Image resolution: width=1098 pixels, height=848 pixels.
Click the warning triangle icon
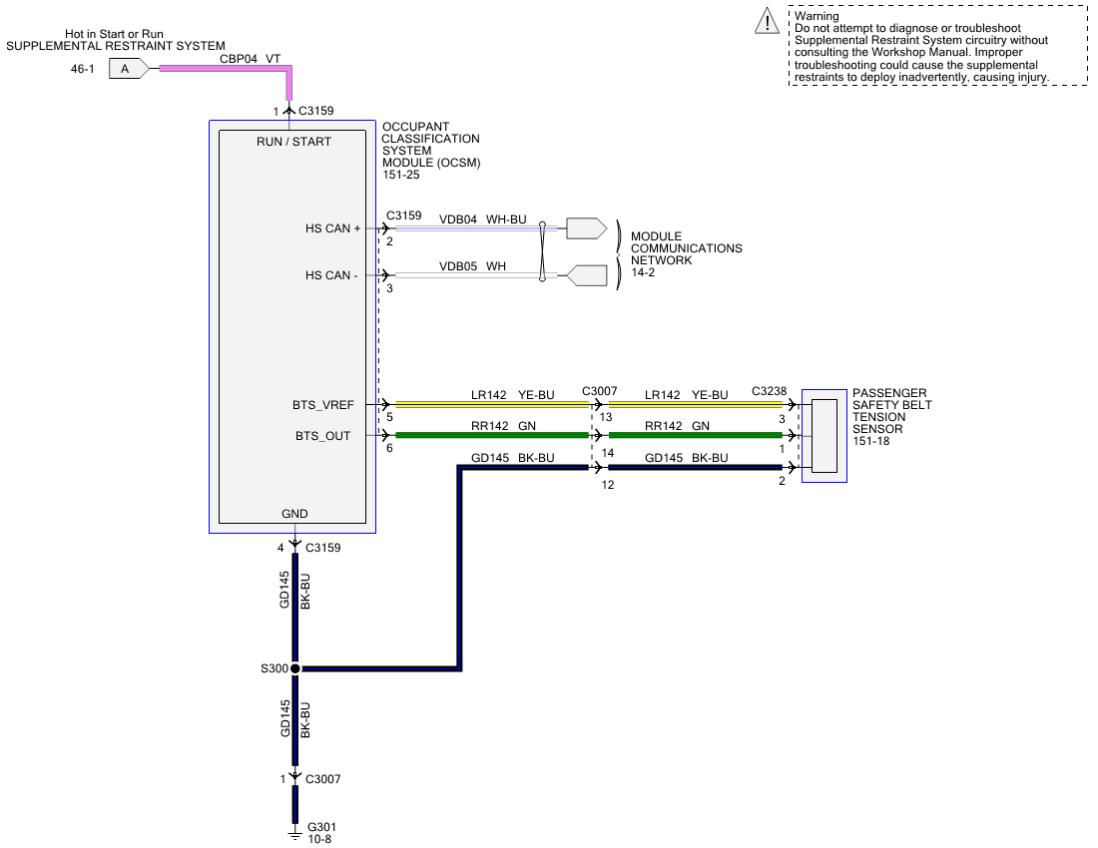[766, 22]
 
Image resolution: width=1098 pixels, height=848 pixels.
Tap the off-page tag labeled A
[128, 69]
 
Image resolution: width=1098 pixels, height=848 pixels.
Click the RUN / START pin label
[293, 142]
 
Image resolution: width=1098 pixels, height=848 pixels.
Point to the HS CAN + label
[332, 228]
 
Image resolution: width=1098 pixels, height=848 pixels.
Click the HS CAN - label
[331, 275]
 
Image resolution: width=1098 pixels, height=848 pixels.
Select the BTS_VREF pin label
[323, 405]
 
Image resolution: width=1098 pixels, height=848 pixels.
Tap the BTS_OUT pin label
[323, 436]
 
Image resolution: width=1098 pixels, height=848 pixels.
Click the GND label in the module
[294, 514]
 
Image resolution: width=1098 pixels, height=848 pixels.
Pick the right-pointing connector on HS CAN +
[586, 228]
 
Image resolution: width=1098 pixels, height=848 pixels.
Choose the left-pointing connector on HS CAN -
[587, 275]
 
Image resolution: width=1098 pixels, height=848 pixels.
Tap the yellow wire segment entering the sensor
[695, 405]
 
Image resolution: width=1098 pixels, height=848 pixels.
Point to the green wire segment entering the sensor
[695, 435]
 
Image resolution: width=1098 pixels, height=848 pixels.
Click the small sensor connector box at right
[824, 436]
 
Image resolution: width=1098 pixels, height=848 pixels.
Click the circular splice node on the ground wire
[295, 668]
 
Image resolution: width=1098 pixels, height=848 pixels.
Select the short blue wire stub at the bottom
[295, 804]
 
